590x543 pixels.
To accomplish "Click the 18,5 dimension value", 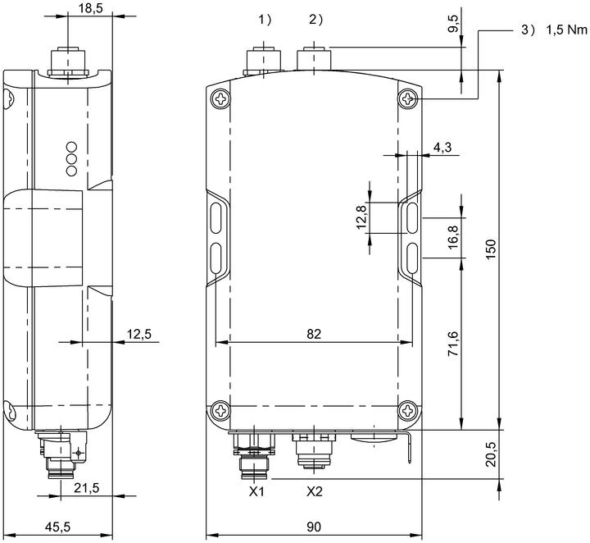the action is click(90, 8).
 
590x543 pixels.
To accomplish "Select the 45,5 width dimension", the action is click(57, 527).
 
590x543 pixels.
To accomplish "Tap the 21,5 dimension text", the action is click(87, 488).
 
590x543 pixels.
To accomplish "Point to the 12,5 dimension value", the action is click(138, 334).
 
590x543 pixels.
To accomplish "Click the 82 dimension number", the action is click(314, 334).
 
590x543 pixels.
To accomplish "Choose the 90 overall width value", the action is click(314, 527).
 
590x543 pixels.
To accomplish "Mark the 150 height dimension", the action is click(491, 249).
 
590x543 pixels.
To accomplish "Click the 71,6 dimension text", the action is click(453, 343).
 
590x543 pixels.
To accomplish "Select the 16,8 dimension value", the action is click(453, 237).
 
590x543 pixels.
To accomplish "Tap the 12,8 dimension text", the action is click(361, 217).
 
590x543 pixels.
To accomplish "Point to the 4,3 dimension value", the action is click(442, 148).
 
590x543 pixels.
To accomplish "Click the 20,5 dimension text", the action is click(491, 454).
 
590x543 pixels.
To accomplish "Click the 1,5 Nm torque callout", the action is click(566, 30).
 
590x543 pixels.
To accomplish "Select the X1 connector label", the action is click(256, 491).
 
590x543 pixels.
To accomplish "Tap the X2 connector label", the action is click(315, 491).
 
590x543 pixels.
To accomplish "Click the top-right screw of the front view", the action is click(408, 99).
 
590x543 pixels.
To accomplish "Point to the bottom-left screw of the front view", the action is click(220, 410).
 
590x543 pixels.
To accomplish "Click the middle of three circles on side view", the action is click(71, 158).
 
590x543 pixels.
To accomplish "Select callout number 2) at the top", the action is click(315, 20).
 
